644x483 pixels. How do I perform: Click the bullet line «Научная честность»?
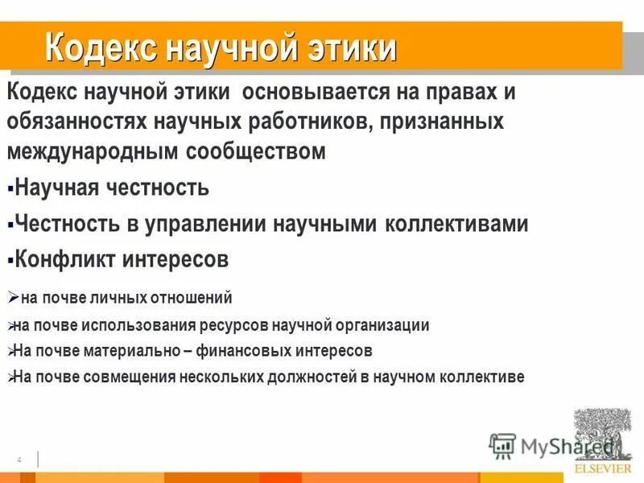pos(112,188)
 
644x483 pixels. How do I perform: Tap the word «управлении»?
pos(208,224)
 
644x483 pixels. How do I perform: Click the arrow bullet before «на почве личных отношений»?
pos(12,296)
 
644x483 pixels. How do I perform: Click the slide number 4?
pos(18,459)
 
